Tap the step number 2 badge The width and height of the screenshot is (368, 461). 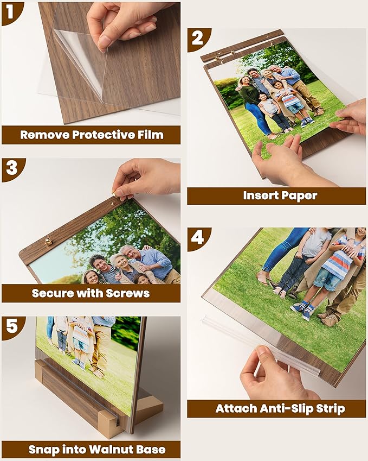(197, 39)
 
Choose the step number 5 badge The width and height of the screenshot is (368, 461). (10, 327)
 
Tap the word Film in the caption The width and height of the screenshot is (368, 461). (150, 135)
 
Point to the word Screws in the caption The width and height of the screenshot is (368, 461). (129, 293)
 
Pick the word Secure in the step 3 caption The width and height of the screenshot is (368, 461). (55, 293)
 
